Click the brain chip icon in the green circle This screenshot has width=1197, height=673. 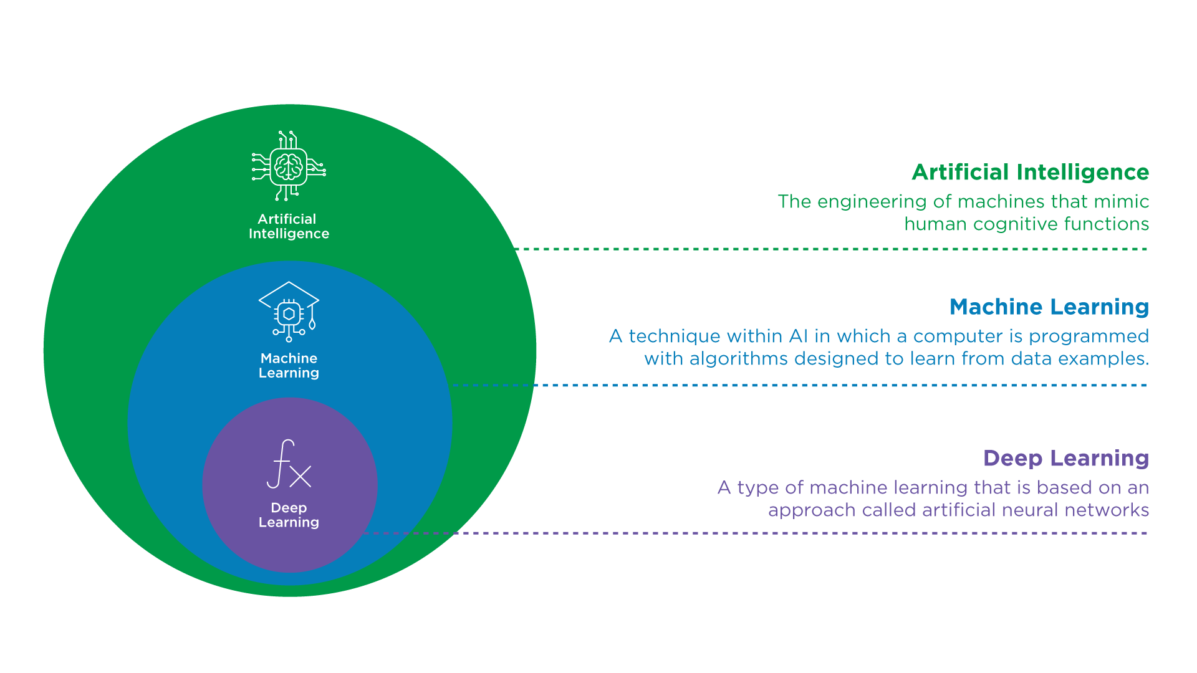pos(289,166)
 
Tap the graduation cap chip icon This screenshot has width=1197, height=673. pos(289,311)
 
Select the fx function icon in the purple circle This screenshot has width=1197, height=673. pos(289,464)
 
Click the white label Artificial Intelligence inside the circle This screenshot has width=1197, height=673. pos(289,226)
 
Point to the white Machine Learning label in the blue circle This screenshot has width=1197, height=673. pos(289,366)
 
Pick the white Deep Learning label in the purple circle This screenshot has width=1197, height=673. pos(289,515)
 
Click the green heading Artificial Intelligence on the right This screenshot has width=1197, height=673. pos(1031,173)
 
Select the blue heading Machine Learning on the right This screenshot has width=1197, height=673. pos(1049,307)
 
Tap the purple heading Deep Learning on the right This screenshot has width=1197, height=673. pos(1066,459)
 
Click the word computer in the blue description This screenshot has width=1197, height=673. pos(959,336)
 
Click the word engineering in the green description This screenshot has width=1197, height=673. pos(872,202)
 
